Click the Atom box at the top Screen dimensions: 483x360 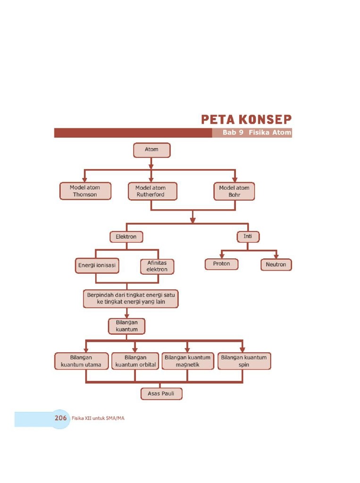tap(151, 150)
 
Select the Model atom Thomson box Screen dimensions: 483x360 tap(85, 191)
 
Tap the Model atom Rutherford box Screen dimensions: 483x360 tap(151, 191)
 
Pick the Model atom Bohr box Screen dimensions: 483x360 tap(234, 191)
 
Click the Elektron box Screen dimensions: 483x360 tap(126, 237)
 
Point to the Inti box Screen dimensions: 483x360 tap(248, 236)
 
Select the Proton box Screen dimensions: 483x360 tap(221, 264)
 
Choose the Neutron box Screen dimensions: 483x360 tap(276, 264)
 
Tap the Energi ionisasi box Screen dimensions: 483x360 tap(97, 266)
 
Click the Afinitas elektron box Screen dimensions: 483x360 tap(157, 266)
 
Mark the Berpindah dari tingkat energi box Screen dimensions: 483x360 tap(131, 298)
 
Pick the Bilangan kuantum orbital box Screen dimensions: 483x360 tap(135, 361)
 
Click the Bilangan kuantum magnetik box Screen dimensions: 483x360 tap(188, 361)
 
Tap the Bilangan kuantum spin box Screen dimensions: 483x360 tap(244, 361)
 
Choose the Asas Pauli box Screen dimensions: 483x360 tap(161, 393)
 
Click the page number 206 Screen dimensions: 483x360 tap(60, 418)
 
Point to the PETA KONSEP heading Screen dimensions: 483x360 tap(246, 119)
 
